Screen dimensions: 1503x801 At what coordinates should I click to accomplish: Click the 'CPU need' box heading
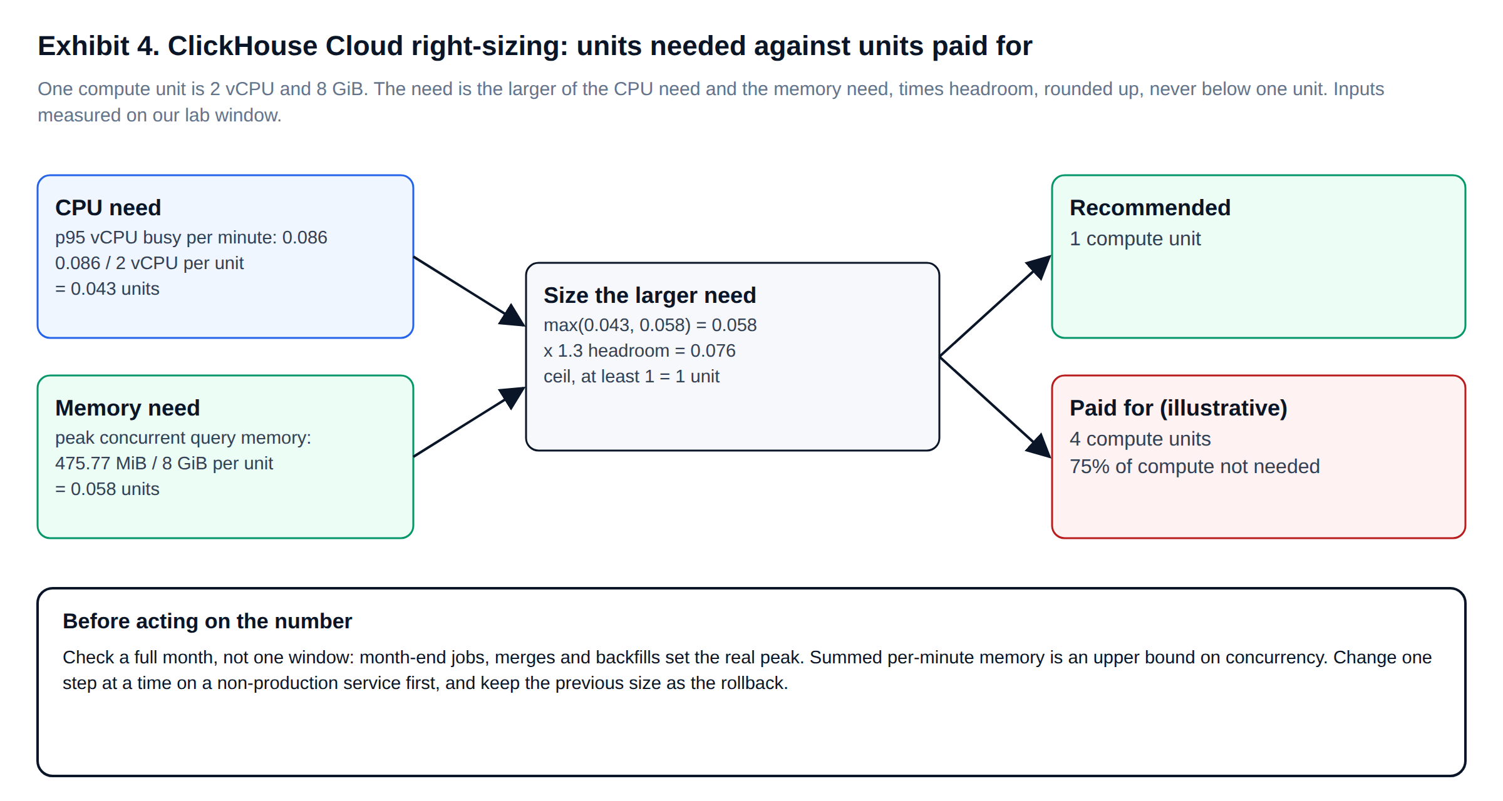108,208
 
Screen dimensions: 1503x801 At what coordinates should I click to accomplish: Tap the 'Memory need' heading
127,408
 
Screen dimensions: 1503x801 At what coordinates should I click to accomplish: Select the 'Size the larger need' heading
650,295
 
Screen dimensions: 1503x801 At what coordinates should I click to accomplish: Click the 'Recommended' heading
1150,208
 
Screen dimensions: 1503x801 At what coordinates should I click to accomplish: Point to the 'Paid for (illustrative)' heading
1178,408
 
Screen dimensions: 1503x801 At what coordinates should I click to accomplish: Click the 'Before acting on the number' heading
207,621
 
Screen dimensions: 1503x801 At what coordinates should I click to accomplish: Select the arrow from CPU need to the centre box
470,291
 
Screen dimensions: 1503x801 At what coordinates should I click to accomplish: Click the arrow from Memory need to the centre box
470,422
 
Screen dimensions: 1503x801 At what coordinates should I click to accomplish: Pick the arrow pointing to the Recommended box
996,306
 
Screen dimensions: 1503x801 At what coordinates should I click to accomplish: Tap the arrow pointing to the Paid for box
996,407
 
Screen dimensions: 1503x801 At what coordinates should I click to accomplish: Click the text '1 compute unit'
1135,239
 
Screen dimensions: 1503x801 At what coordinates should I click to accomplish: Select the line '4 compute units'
1140,439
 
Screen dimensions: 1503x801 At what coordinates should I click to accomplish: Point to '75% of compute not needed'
1194,467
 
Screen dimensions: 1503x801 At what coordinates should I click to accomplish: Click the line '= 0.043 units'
107,289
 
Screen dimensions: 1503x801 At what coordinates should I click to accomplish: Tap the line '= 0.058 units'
107,489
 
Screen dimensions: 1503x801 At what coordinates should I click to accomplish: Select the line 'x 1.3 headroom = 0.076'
639,351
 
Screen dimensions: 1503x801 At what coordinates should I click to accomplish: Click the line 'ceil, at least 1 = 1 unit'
631,377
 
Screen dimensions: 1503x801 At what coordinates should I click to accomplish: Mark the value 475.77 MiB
101,464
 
